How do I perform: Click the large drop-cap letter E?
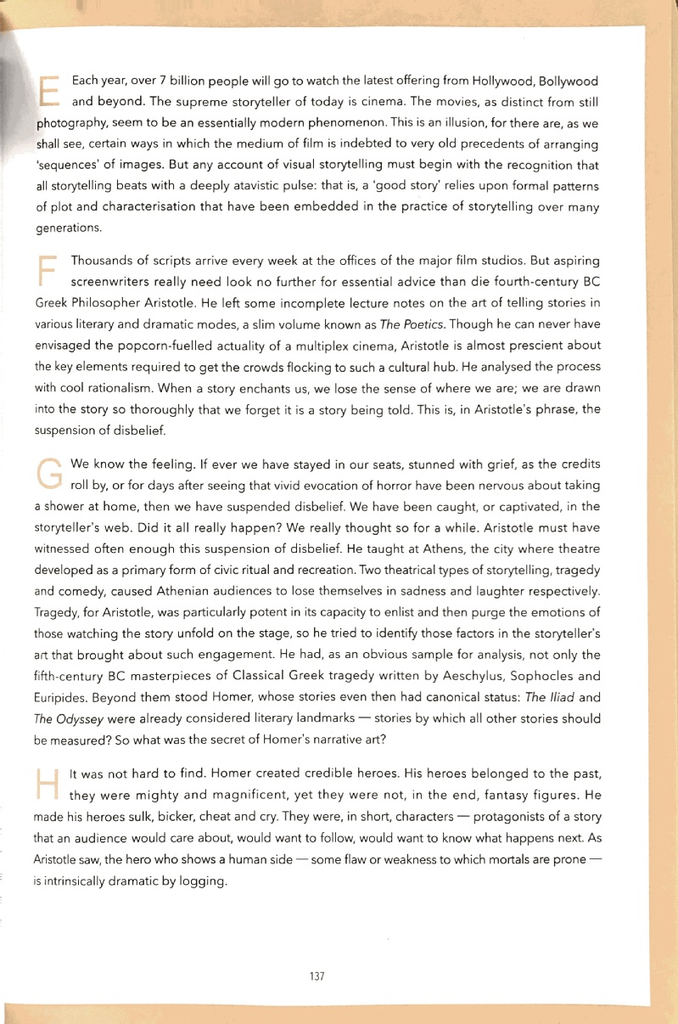49,90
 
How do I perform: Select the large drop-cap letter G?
50,473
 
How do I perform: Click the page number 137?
317,976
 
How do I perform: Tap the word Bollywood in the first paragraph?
567,82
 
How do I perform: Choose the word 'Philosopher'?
115,304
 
